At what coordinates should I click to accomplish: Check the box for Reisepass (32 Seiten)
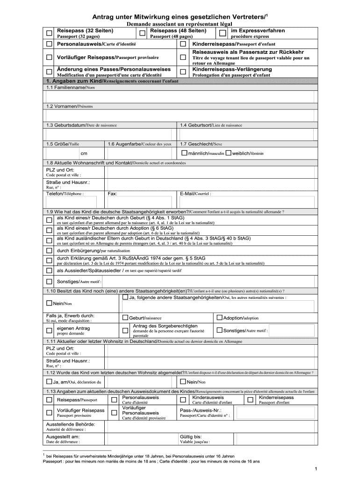pos(49,33)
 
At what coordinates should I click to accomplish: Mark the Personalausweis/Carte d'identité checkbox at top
pos(49,44)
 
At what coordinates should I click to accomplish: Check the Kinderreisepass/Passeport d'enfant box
pos(183,44)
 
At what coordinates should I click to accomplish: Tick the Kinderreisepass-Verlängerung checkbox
pos(183,72)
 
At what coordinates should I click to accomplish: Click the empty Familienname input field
pos(180,96)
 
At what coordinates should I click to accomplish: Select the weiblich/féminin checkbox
pos(228,153)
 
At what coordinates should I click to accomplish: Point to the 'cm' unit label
pos(84,153)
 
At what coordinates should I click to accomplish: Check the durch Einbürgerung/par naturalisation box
pos(49,250)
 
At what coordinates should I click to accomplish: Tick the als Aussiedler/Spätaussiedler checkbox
pos(49,270)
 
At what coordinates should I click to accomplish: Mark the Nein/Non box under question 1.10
pos(49,303)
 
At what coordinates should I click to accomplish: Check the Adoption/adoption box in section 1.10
pos(219,318)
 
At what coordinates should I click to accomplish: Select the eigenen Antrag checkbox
pos(49,331)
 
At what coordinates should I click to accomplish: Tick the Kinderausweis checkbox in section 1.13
pos(183,400)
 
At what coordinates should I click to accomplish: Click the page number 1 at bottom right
pos(317,468)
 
